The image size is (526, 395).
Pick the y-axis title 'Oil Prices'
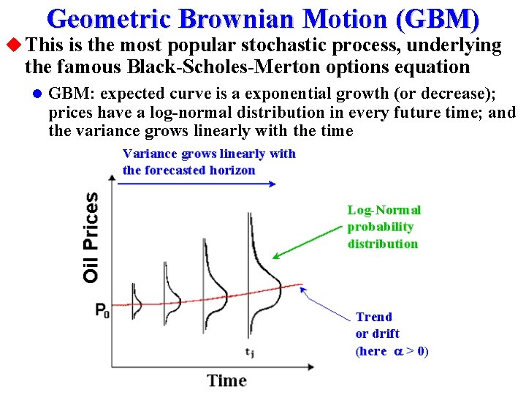point(91,237)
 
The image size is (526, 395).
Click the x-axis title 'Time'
point(226,380)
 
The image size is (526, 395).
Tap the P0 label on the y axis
point(102,310)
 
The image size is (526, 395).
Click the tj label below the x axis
point(250,353)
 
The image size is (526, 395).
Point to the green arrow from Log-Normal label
point(307,241)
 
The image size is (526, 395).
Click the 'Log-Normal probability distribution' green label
point(384,227)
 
